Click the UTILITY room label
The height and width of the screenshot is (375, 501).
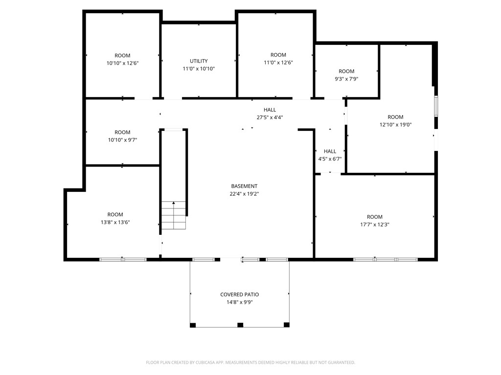[x=199, y=61]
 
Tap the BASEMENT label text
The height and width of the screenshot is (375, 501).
[x=244, y=186]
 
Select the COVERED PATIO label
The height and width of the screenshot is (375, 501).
[x=240, y=294]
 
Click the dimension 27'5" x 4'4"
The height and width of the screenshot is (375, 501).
[x=270, y=117]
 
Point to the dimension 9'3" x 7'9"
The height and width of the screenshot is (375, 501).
[x=346, y=79]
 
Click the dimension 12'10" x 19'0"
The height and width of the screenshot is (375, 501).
[x=395, y=125]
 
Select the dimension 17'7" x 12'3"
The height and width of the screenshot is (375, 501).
[x=374, y=225]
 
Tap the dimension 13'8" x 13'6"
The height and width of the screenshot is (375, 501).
[x=115, y=222]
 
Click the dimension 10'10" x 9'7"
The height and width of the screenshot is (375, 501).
[x=122, y=140]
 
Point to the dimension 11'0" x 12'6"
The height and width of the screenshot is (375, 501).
[x=278, y=62]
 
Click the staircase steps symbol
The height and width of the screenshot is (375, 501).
[x=174, y=215]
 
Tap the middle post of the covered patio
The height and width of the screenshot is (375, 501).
[x=240, y=325]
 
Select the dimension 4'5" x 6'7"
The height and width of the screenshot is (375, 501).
[x=330, y=159]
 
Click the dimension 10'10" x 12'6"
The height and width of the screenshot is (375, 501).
[x=122, y=63]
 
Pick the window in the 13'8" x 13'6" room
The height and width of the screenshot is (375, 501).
[x=123, y=260]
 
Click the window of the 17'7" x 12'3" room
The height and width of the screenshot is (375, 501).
[x=386, y=260]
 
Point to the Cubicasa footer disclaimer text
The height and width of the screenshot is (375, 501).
[x=250, y=362]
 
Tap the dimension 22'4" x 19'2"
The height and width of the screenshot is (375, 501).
[x=244, y=193]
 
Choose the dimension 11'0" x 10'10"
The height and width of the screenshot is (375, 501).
[x=199, y=68]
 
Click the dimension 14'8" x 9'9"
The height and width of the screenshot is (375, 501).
[x=240, y=302]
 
